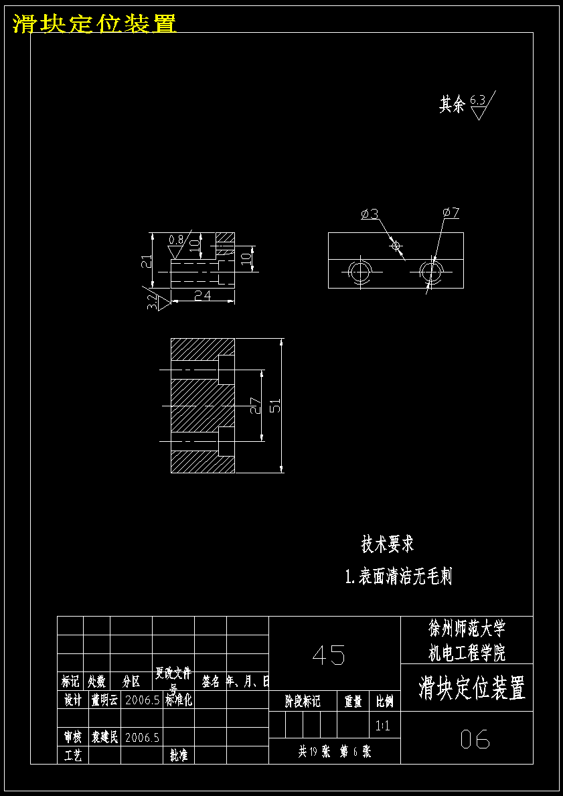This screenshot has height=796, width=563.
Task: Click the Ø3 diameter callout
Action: click(x=370, y=214)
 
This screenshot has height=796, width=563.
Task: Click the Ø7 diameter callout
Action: click(x=451, y=213)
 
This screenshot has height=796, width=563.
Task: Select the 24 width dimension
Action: click(x=203, y=295)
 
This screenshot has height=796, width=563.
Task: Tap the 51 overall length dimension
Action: click(x=275, y=406)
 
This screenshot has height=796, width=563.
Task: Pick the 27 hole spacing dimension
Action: click(x=254, y=406)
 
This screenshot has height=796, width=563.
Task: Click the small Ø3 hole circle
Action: click(x=396, y=246)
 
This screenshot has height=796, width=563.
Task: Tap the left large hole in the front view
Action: click(x=359, y=272)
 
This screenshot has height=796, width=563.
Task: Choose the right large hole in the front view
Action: click(x=430, y=272)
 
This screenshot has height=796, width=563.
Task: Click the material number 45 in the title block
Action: click(x=329, y=655)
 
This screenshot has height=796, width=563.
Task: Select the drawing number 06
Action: click(x=475, y=739)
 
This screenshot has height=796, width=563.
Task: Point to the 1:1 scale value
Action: click(x=383, y=725)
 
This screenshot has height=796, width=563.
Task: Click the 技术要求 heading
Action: click(x=388, y=544)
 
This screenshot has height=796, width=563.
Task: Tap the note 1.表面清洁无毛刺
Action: click(x=398, y=576)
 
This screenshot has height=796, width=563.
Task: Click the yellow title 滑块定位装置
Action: click(x=94, y=23)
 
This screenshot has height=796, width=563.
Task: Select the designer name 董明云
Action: click(x=104, y=700)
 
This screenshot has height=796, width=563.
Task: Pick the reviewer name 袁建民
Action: click(x=104, y=738)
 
